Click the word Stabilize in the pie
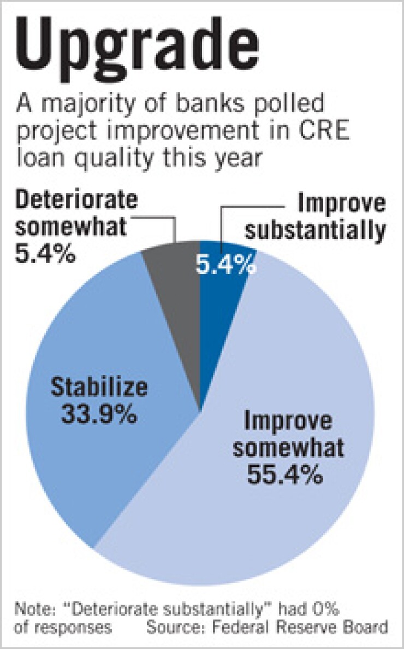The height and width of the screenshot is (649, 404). pos(99,388)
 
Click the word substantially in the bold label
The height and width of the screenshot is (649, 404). pos(314,230)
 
